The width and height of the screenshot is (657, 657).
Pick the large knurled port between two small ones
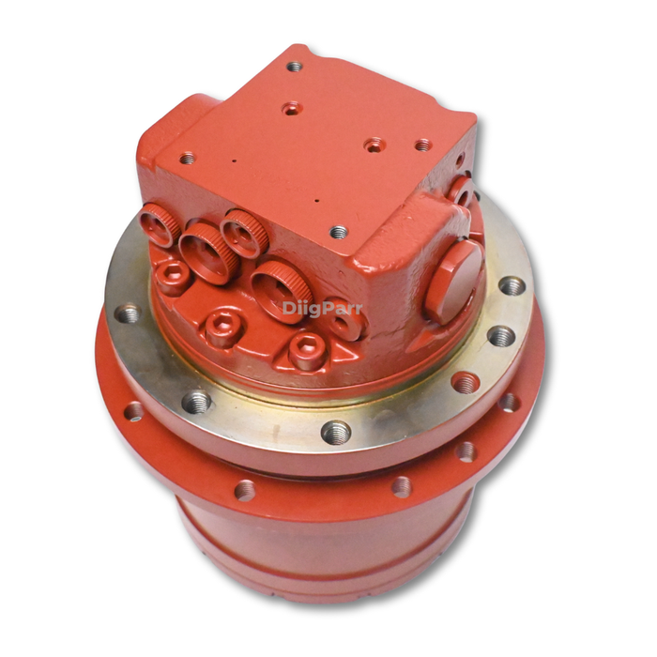[x=204, y=252]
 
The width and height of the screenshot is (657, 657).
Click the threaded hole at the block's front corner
[x=339, y=232]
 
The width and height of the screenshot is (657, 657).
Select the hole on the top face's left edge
[x=187, y=158]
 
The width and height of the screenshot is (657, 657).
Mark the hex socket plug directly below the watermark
[x=308, y=350]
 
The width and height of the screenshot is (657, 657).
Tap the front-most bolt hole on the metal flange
[x=336, y=432]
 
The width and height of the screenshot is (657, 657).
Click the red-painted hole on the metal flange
[x=465, y=382]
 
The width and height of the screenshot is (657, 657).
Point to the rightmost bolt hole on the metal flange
[x=512, y=285]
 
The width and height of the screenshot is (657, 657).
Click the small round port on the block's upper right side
[x=460, y=191]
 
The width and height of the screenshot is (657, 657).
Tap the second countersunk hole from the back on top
[x=292, y=109]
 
